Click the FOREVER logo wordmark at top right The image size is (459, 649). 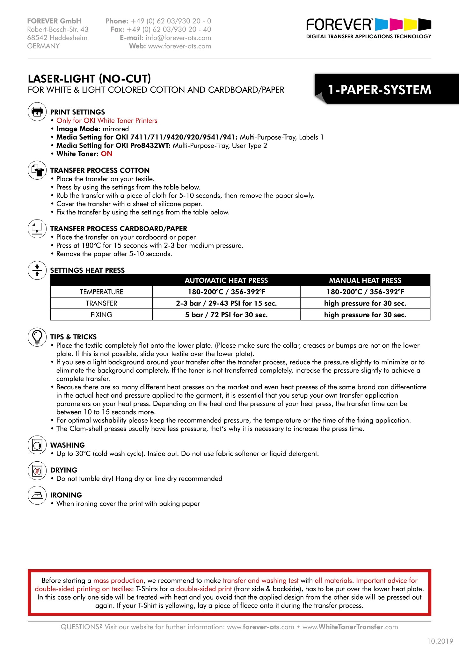coord(339,25)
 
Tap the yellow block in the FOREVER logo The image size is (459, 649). coord(411,24)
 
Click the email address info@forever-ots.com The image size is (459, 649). coord(178,38)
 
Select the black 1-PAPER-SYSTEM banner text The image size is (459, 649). coord(380,90)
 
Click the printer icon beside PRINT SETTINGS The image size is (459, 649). coord(37,112)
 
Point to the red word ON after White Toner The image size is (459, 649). coord(107,154)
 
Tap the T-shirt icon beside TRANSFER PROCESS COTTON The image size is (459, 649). coord(37,170)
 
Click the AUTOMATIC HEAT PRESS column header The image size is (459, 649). coord(226,280)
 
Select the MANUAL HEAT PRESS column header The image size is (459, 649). coord(365,280)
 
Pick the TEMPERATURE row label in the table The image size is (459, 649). coord(101,292)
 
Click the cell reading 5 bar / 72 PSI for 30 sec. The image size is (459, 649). coord(226,315)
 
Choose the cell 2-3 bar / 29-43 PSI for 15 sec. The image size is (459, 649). coord(226,303)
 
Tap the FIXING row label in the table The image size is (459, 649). coord(101,315)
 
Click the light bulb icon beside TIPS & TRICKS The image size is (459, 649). coord(37,337)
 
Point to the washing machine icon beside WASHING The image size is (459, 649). coord(37,445)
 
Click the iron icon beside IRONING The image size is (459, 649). coord(37,495)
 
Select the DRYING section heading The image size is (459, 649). coord(64,470)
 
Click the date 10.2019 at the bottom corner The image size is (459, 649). coord(440,641)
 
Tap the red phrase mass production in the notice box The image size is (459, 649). coord(118,580)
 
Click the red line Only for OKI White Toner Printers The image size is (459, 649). coord(107,120)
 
